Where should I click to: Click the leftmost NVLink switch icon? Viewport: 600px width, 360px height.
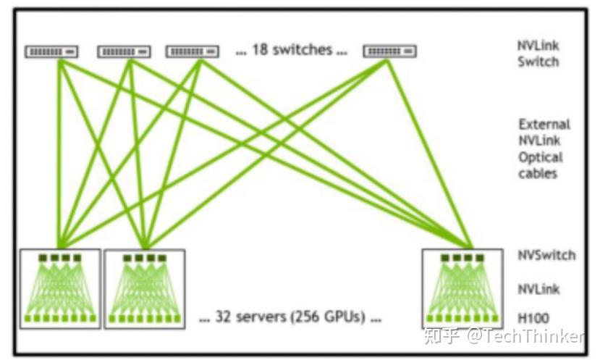52,51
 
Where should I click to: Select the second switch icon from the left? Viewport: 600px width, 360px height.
124,51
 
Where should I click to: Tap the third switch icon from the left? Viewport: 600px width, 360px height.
193,51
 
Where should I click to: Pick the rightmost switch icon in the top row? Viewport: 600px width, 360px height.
389,51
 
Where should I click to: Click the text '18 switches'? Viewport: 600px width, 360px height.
291,50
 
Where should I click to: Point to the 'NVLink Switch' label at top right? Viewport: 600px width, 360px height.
538,54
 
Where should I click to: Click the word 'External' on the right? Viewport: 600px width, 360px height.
544,124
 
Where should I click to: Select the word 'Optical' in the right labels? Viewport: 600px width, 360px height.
540,157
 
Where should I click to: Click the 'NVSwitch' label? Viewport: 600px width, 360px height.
546,255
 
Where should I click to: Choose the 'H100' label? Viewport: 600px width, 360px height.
533,318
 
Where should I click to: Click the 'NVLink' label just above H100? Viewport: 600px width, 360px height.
538,289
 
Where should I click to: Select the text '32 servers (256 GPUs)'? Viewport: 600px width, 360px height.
290,317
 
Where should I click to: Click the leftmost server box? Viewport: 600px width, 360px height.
61,288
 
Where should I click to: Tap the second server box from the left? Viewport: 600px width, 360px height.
144,288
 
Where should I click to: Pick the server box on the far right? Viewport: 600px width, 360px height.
462,288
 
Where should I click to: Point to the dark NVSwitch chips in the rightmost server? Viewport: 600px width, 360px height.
462,258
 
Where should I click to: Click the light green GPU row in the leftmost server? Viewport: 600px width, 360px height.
61,318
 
